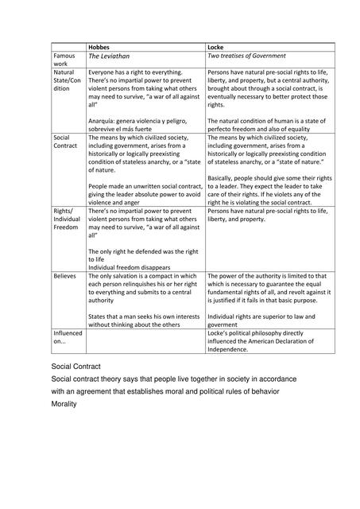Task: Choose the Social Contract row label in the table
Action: (64, 142)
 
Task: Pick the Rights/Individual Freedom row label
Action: (67, 219)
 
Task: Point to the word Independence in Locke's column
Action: (230, 348)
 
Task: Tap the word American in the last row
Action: (261, 341)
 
